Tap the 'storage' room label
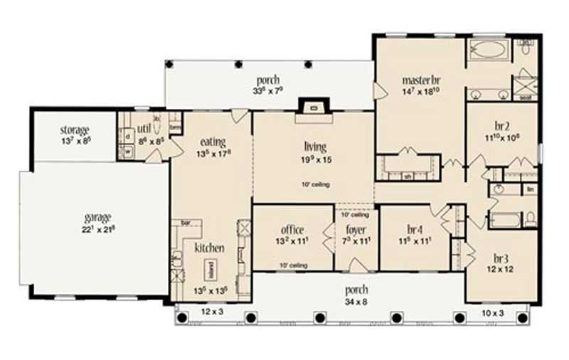(x=74, y=130)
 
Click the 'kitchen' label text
(x=209, y=248)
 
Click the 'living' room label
(x=314, y=147)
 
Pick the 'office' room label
(x=292, y=230)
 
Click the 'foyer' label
(x=355, y=230)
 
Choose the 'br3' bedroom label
(x=500, y=258)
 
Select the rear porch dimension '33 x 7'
(x=268, y=90)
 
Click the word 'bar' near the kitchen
(x=188, y=223)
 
